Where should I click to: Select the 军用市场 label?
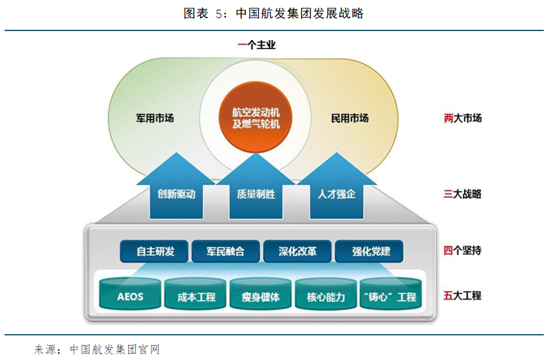155,118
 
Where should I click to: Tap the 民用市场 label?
350,118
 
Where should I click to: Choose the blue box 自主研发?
155,251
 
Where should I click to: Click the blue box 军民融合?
226,251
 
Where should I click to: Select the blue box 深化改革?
298,251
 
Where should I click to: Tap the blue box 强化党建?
369,251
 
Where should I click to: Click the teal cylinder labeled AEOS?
130,297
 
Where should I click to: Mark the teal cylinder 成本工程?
196,297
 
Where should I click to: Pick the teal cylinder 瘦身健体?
261,297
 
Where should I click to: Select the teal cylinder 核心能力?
326,297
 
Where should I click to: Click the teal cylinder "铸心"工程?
391,297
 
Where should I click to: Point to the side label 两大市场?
463,118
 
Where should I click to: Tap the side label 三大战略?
463,194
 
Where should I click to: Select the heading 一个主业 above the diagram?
256,45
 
